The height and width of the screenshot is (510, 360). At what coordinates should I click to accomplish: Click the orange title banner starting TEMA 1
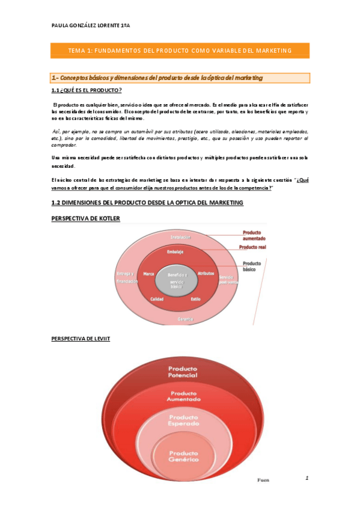tap(180, 51)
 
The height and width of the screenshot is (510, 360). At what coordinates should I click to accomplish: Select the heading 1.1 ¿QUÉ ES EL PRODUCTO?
tap(87, 90)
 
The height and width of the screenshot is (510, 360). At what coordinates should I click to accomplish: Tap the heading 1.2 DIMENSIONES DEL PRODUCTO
tap(147, 203)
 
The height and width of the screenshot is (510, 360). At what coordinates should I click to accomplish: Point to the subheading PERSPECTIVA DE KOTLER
tap(86, 218)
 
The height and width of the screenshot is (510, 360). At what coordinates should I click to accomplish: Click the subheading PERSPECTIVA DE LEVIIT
tap(81, 339)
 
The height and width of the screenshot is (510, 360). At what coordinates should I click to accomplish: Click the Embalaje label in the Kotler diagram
tap(175, 252)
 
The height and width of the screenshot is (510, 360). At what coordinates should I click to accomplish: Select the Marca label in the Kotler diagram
tap(148, 274)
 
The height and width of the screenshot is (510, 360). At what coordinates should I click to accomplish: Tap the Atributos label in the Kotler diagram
tap(206, 274)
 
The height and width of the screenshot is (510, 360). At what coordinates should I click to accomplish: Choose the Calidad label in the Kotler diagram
tap(157, 299)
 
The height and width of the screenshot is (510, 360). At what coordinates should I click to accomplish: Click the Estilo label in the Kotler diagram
tap(195, 299)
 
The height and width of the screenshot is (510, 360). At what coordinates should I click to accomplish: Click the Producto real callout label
tap(252, 247)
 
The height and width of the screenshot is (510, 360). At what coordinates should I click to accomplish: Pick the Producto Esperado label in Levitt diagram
tap(183, 420)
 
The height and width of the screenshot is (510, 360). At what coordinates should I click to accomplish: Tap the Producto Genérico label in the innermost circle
tap(183, 456)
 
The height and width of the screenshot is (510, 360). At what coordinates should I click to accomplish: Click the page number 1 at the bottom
tap(307, 479)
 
